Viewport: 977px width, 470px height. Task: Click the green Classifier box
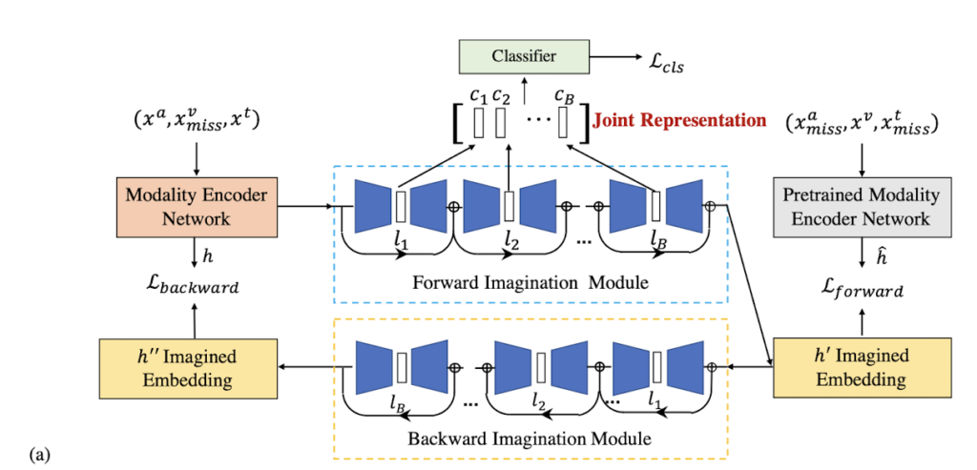524,56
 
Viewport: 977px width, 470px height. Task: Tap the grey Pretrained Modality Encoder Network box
862,207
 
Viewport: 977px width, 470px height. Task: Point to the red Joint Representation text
679,120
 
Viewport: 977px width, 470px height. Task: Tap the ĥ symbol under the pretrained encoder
862,256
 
